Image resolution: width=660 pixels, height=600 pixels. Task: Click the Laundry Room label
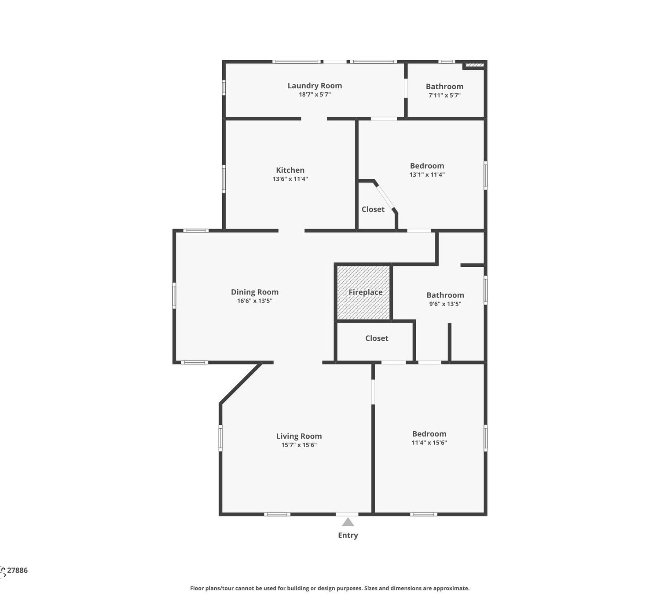315,86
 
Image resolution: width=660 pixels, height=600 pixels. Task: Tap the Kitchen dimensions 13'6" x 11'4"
290,179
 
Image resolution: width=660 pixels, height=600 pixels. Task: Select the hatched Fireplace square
363,292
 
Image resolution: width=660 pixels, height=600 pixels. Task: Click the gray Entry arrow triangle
348,522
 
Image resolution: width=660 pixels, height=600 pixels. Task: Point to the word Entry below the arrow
348,535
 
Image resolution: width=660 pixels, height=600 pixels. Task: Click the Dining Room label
255,292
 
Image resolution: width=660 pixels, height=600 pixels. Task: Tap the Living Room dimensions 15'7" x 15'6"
299,445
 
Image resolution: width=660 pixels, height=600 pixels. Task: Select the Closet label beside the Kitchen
373,209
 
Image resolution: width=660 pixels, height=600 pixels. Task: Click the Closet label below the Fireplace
377,338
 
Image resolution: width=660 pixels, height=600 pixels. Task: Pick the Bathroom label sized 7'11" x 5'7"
444,87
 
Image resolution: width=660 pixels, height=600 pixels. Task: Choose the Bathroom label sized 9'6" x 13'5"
445,295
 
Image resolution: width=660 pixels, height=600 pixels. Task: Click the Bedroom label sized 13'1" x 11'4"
427,166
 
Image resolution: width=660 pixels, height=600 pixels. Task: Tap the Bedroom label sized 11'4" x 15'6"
429,434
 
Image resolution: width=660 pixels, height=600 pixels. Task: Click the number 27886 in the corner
17,571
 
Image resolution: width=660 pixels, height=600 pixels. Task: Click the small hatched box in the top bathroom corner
474,65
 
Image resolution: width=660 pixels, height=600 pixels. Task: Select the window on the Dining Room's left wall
174,295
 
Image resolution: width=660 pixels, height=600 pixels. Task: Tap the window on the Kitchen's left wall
224,179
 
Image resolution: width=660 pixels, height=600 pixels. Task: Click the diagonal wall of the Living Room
241,383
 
